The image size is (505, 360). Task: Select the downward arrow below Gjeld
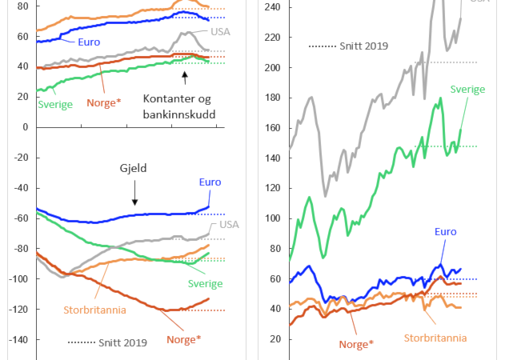pyautogui.click(x=134, y=193)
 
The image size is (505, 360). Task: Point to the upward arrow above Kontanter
pyautogui.click(x=184, y=78)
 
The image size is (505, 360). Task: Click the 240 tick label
pyautogui.click(x=273, y=6)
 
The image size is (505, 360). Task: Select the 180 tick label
pyautogui.click(x=273, y=98)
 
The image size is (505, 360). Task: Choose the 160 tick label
pyautogui.click(x=273, y=128)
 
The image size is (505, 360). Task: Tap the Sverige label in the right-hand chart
pyautogui.click(x=468, y=90)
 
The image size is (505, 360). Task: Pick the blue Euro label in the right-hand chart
pyautogui.click(x=445, y=232)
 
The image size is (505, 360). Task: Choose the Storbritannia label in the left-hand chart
pyautogui.click(x=90, y=310)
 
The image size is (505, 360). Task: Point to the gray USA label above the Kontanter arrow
pyautogui.click(x=220, y=32)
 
